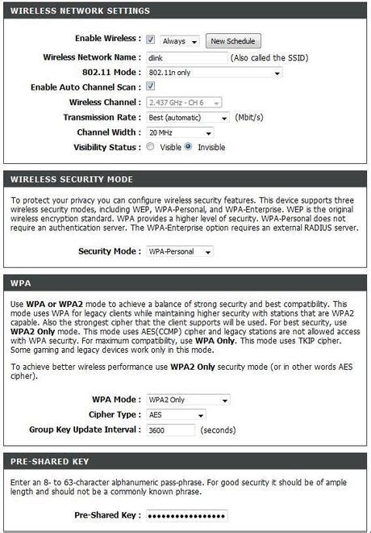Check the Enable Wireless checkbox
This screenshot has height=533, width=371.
tap(150, 39)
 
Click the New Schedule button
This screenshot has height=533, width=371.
tap(232, 40)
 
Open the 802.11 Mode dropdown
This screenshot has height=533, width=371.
tap(214, 73)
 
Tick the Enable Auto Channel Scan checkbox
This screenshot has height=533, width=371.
tap(150, 86)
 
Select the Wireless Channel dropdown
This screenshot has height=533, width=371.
tap(185, 103)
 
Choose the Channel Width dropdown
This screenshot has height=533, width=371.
tap(179, 132)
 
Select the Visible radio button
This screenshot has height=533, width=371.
tap(150, 148)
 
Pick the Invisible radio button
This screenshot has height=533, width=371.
tap(189, 148)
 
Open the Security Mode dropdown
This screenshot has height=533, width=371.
tap(179, 252)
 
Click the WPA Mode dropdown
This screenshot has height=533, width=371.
tap(187, 400)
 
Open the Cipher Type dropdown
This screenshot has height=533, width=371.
tap(176, 415)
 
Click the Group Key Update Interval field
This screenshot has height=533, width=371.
tap(170, 430)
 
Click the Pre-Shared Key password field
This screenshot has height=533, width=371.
tap(186, 515)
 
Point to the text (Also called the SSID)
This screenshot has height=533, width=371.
tap(269, 58)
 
